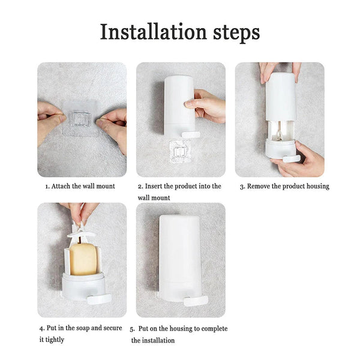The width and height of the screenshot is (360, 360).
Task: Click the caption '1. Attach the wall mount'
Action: click(x=80, y=186)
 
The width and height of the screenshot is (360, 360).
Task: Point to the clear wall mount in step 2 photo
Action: click(x=179, y=151)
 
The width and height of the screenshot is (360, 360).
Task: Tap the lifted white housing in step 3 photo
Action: click(x=280, y=96)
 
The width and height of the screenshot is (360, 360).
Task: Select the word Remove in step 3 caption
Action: click(x=261, y=186)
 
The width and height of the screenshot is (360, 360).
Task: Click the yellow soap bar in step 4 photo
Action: click(x=83, y=258)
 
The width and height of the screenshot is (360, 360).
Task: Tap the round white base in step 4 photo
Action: click(x=83, y=284)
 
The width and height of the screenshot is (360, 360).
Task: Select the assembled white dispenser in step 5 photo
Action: click(x=179, y=252)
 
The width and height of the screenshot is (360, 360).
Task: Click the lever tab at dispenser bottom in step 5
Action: click(x=195, y=299)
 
